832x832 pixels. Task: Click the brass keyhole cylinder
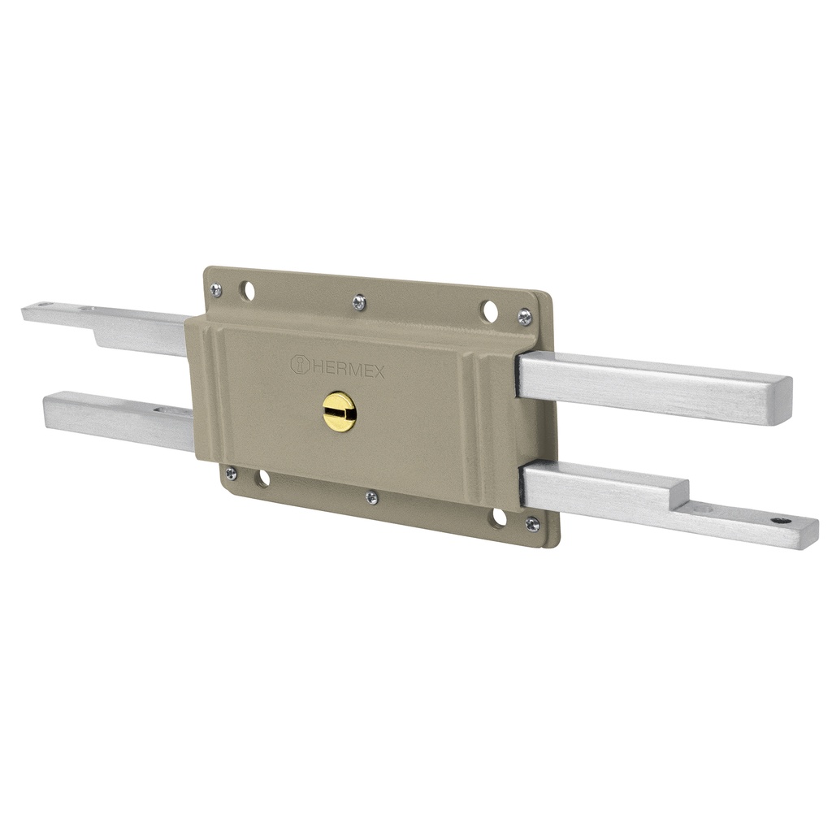tap(339, 412)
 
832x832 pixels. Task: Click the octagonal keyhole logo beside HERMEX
tap(300, 365)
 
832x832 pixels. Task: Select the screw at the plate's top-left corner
tap(216, 288)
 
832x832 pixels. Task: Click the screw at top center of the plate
tap(358, 302)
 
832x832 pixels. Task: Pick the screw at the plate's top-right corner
tap(525, 317)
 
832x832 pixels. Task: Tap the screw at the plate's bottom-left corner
tap(232, 472)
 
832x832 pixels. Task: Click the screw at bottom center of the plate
tap(371, 496)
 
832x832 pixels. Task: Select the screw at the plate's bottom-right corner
tap(531, 523)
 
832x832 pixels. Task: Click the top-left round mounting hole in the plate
tap(246, 290)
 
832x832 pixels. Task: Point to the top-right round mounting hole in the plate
tap(488, 310)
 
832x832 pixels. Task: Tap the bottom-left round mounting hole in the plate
tap(262, 479)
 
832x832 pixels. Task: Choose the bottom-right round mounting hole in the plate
tap(497, 518)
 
